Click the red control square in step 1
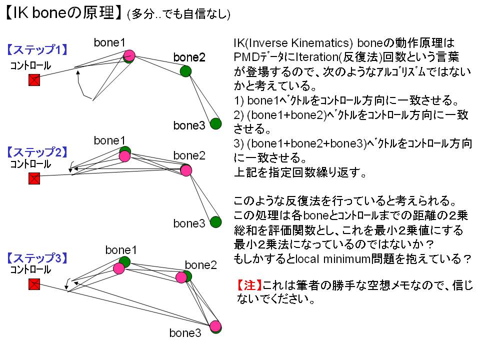[34, 80]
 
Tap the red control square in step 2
[34, 178]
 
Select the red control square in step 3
[34, 284]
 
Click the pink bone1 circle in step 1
[129, 55]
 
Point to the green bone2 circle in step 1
[185, 71]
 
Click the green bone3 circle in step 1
[216, 123]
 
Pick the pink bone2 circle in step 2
[186, 170]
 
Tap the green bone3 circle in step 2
[216, 222]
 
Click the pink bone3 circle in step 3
[215, 326]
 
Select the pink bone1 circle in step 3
[119, 268]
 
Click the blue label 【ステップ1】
[37, 49]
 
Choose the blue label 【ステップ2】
[37, 152]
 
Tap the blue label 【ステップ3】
[37, 258]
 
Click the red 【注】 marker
[249, 285]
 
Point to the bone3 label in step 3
[185, 333]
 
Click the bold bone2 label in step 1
[189, 57]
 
